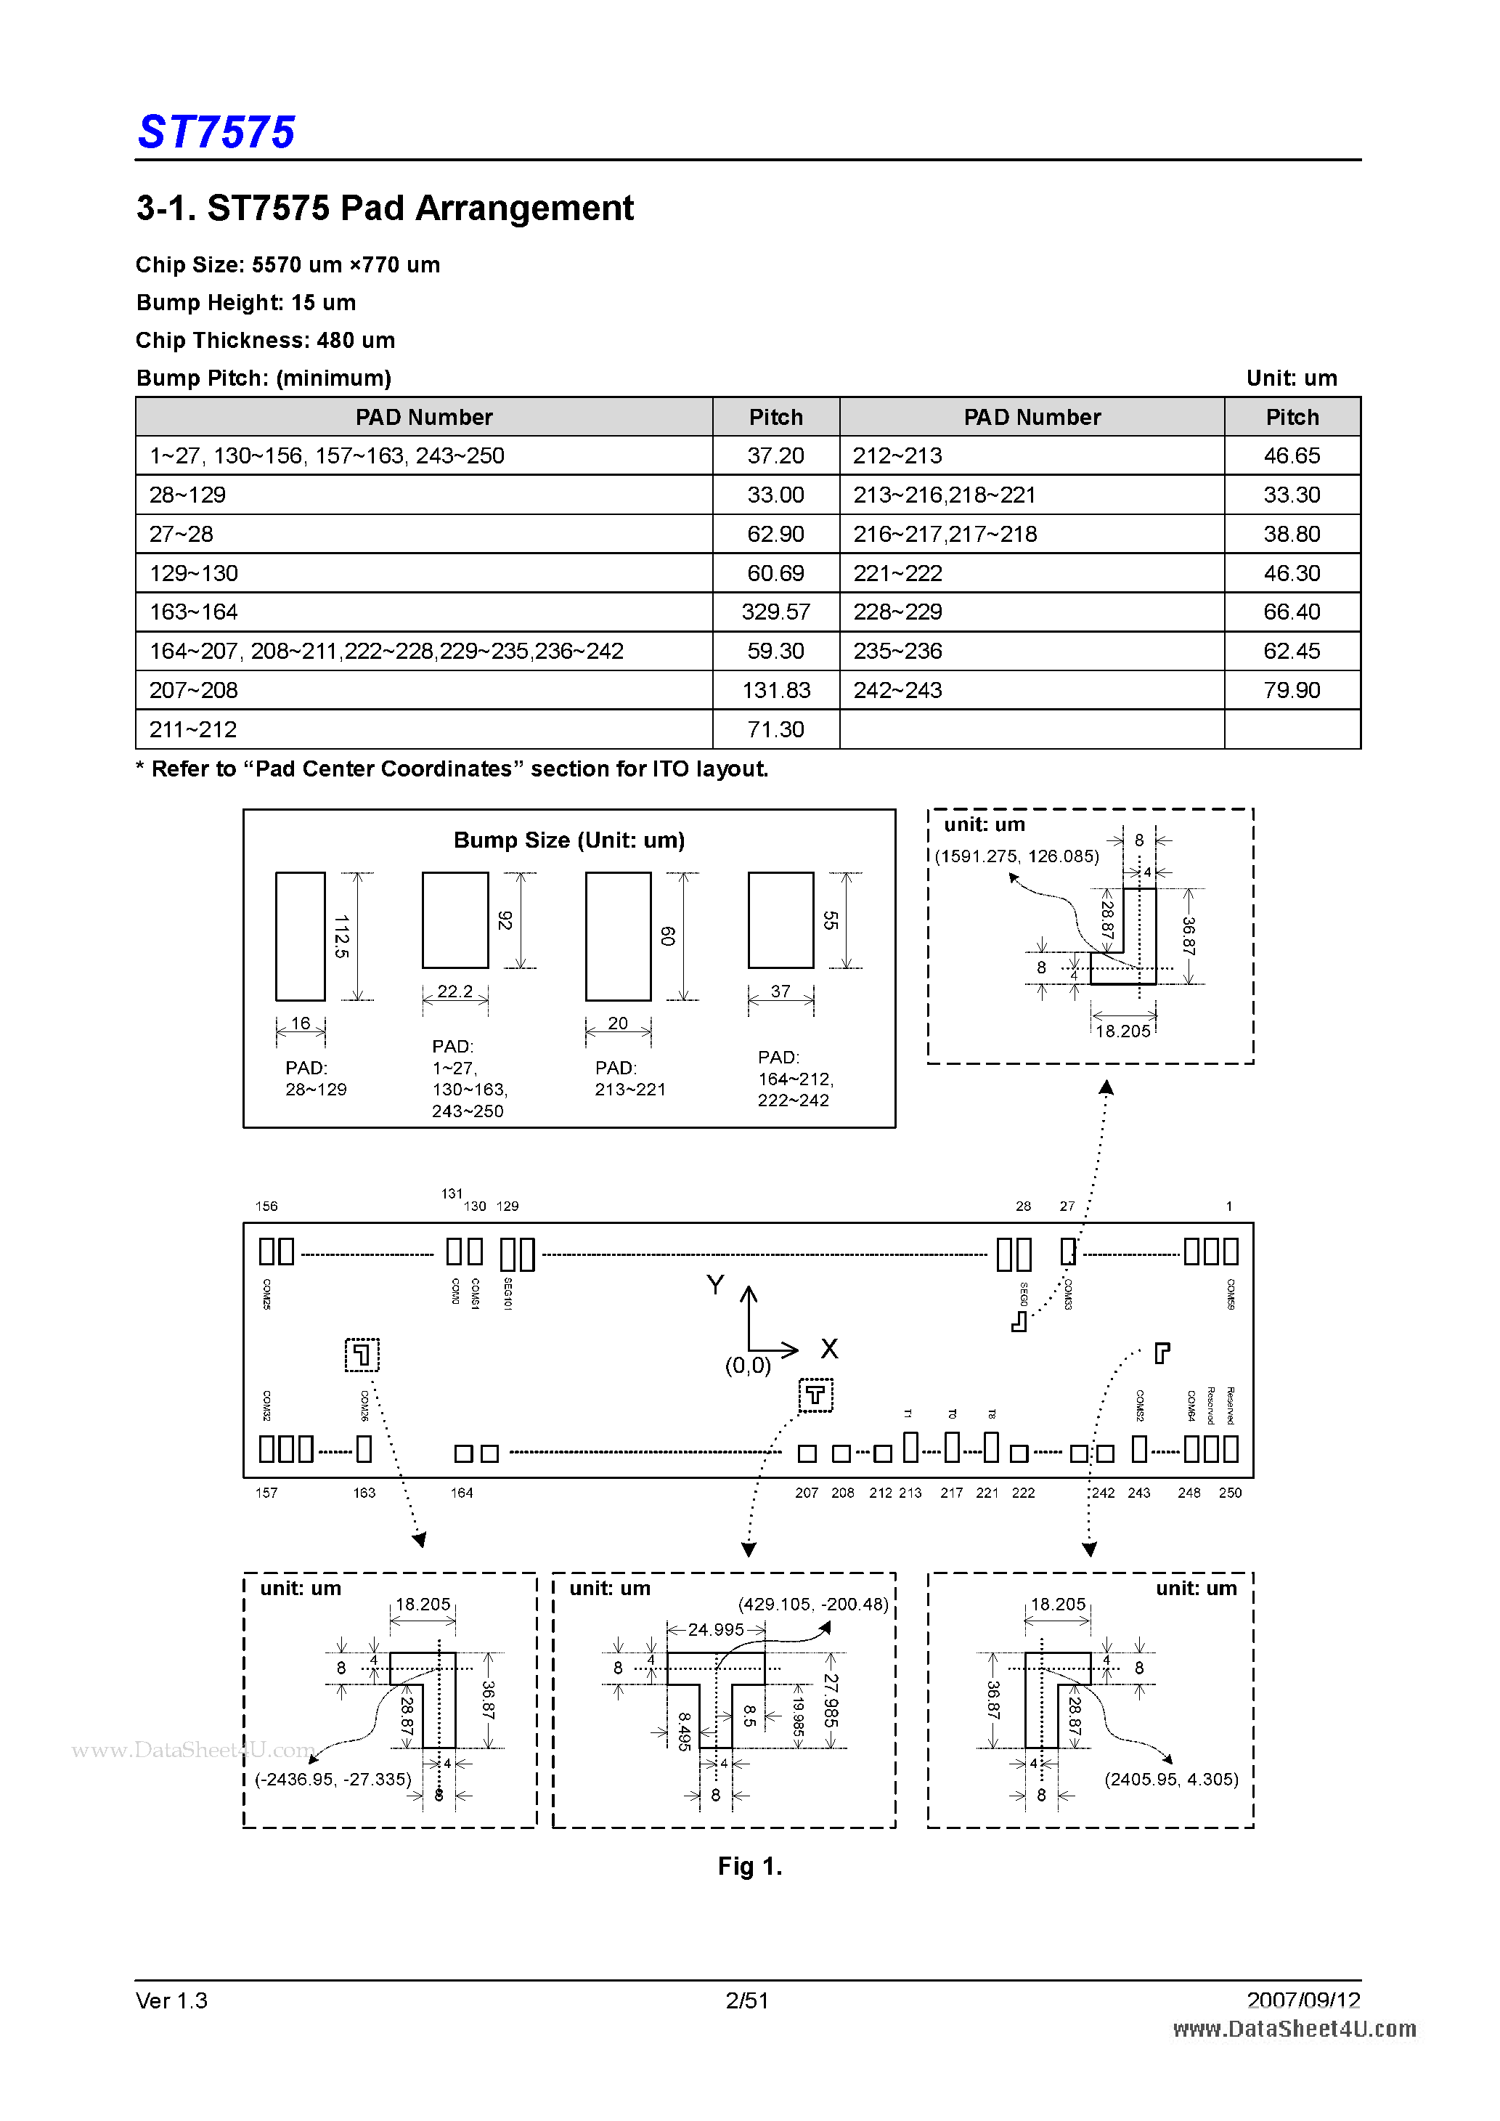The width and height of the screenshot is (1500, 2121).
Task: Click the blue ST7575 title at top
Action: tap(216, 132)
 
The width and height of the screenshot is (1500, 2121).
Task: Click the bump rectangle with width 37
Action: tap(780, 920)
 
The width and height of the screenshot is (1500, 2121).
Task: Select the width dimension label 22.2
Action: tap(455, 991)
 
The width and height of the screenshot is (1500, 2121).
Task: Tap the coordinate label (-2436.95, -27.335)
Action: tap(333, 1779)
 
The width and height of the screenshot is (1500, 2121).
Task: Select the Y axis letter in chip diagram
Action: tap(715, 1285)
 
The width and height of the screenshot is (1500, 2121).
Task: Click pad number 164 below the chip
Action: tap(462, 1493)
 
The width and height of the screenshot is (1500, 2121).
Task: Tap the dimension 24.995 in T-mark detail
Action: tap(716, 1629)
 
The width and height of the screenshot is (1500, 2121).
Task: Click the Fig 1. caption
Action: tap(749, 1866)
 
